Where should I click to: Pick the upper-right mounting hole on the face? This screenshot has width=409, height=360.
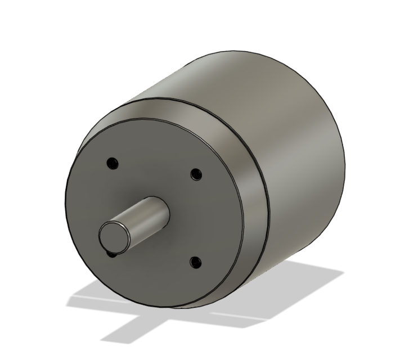pos(195,174)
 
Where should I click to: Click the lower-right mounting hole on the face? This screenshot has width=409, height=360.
pos(195,262)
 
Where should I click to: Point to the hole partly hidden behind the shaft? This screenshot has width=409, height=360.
pos(111,254)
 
